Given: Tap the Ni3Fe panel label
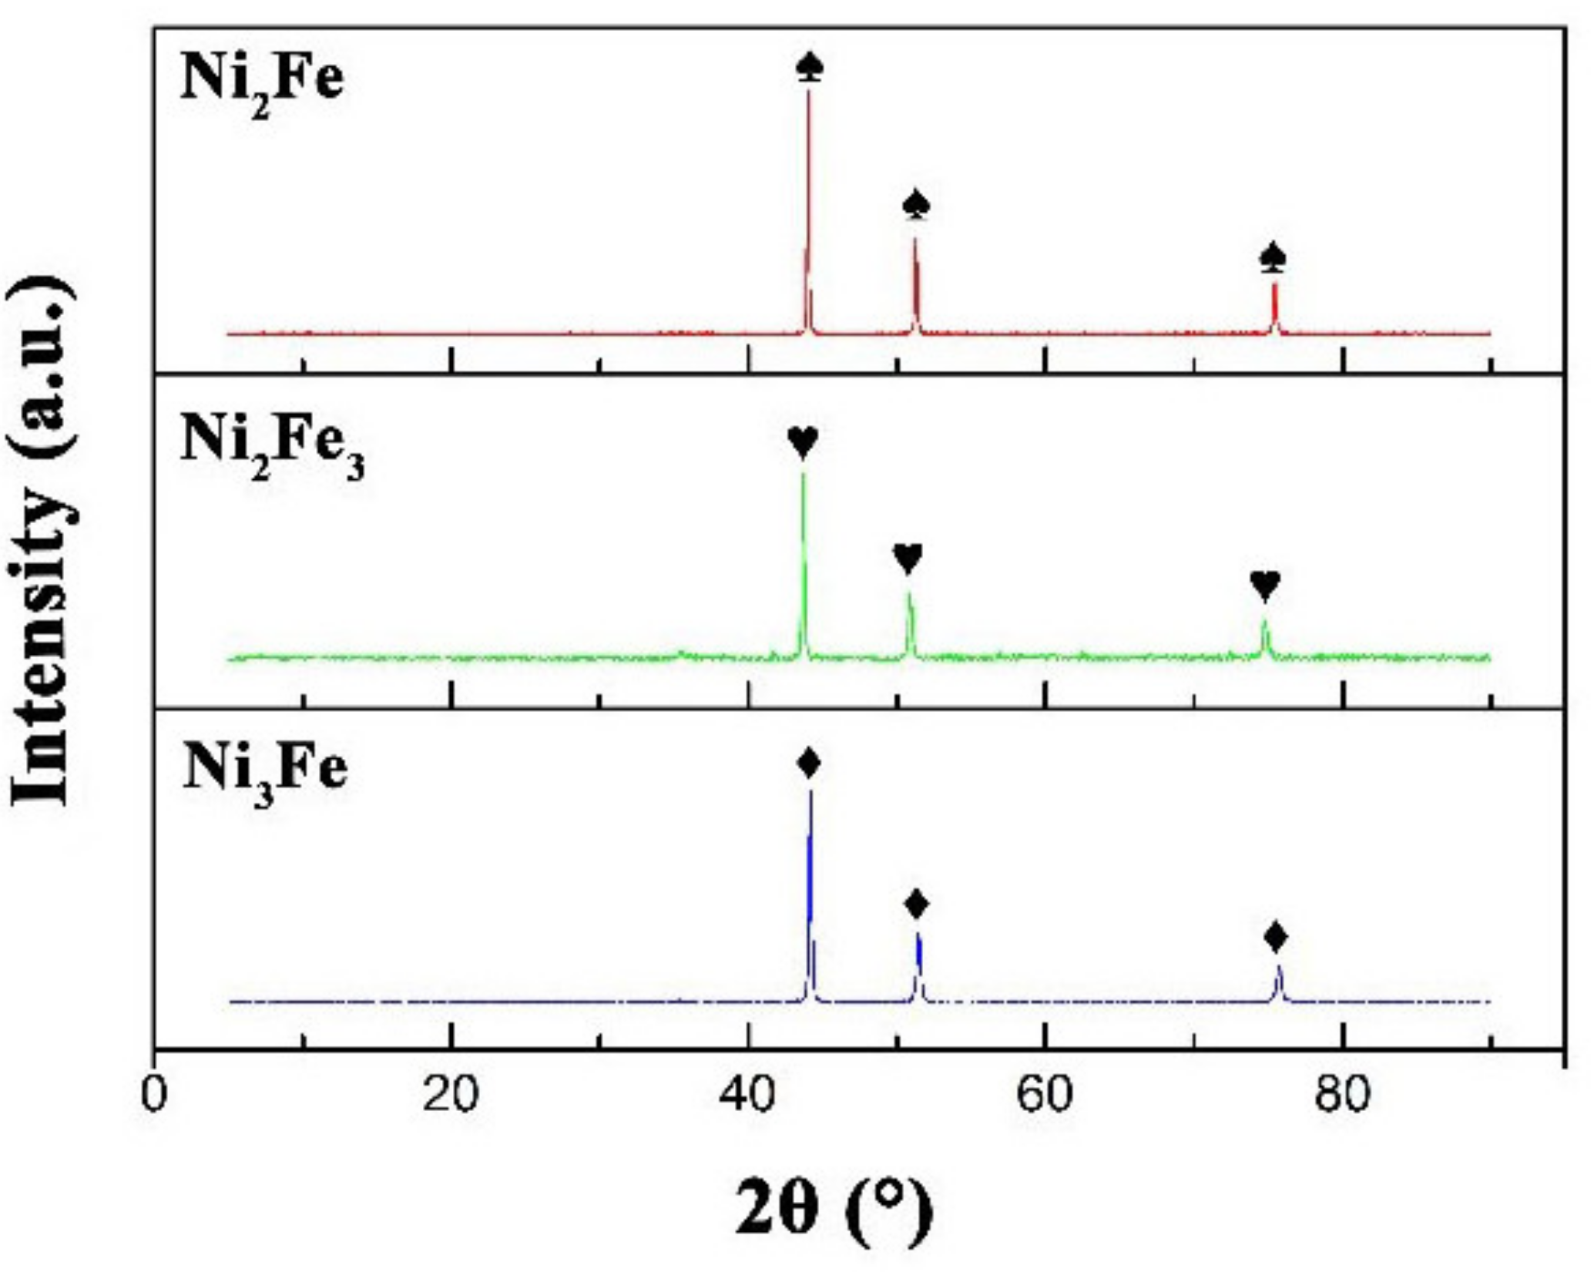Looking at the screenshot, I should click(265, 771).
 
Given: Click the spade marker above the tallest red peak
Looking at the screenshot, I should click(809, 69).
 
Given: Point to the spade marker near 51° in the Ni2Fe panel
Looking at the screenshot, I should click(916, 205).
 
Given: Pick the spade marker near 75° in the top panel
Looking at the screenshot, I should click(1274, 257).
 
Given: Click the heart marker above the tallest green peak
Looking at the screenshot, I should click(803, 442).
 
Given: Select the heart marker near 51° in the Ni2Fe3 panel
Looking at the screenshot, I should click(908, 558).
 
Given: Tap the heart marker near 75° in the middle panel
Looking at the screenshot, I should click(1265, 586).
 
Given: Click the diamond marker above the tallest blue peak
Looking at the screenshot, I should click(809, 764).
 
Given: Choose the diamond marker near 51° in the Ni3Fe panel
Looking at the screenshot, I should click(916, 904).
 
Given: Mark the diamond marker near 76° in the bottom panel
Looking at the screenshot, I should click(1276, 938).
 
